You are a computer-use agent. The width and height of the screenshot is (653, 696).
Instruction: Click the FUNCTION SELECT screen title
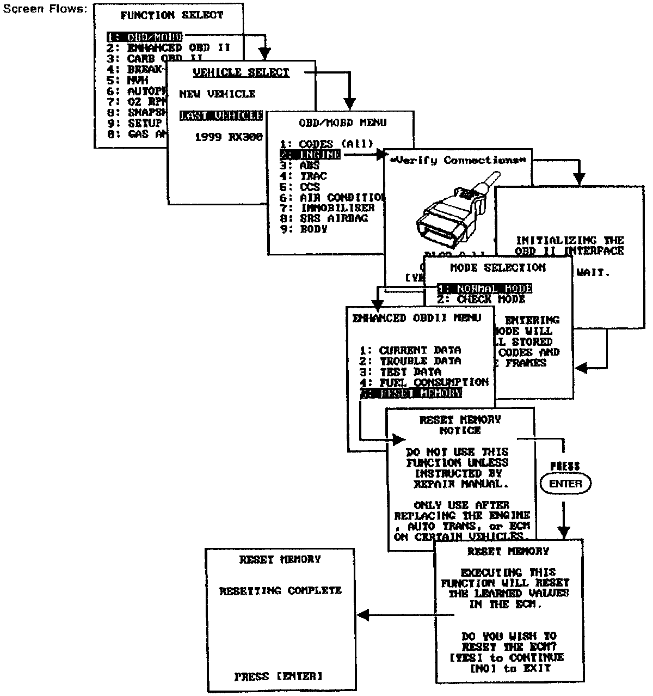click(x=172, y=15)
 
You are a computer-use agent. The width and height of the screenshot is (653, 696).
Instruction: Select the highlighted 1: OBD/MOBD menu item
click(x=144, y=37)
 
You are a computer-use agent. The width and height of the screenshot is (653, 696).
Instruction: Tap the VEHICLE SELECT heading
click(x=242, y=72)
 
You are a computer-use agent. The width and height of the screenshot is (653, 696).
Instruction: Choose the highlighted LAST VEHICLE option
click(x=221, y=115)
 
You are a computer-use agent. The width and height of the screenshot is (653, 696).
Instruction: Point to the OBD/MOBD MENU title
click(x=342, y=123)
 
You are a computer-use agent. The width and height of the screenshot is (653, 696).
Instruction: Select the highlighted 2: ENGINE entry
click(x=310, y=155)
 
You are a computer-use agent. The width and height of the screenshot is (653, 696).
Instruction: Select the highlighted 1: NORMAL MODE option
click(x=484, y=289)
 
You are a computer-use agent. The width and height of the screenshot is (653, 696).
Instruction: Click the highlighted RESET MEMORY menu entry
click(x=411, y=393)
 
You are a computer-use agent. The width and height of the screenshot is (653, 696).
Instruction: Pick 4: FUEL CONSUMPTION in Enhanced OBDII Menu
click(x=424, y=382)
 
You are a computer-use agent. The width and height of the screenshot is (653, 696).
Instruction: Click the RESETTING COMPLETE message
click(x=280, y=591)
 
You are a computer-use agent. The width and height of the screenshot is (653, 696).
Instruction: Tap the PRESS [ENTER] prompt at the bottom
click(x=279, y=677)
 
